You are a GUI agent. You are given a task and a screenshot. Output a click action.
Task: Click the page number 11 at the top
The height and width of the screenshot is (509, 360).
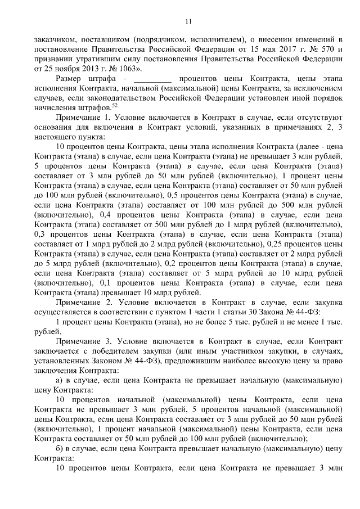coord(188,21)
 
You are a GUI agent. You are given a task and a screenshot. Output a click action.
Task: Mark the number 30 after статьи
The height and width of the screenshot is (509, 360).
coord(251,313)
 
